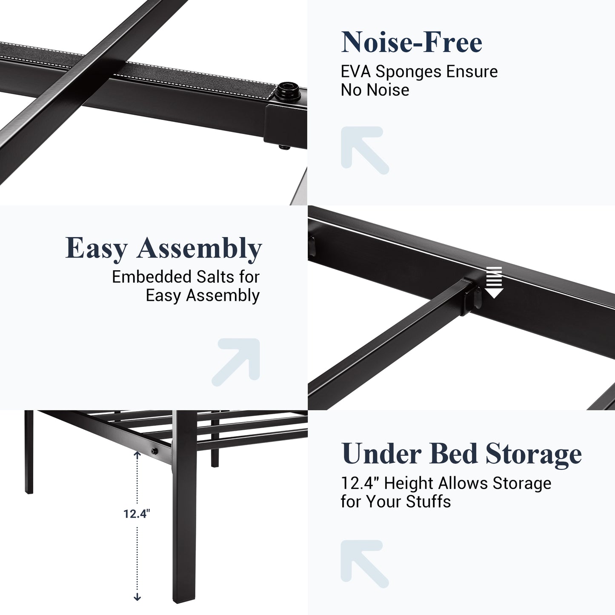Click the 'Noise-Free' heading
point(412,42)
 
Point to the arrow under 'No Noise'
point(364,150)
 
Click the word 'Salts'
point(215,277)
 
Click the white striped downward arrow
point(494,283)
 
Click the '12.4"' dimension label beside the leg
point(137,514)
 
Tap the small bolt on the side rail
point(154,451)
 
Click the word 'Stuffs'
point(428,501)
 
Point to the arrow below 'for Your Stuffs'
point(364,564)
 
